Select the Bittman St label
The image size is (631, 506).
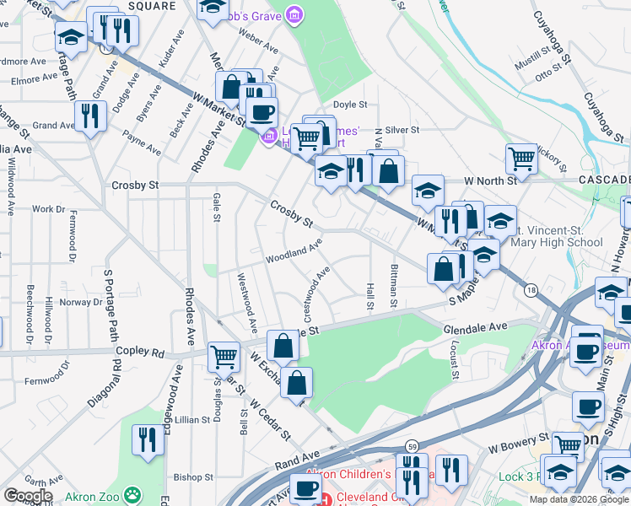394,285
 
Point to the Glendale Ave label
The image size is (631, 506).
476,326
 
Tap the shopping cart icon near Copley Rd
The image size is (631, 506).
224,356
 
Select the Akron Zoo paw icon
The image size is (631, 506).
132,494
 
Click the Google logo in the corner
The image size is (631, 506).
27,496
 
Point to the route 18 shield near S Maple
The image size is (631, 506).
530,290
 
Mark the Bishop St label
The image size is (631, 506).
189,476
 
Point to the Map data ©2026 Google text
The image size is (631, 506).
578,499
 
